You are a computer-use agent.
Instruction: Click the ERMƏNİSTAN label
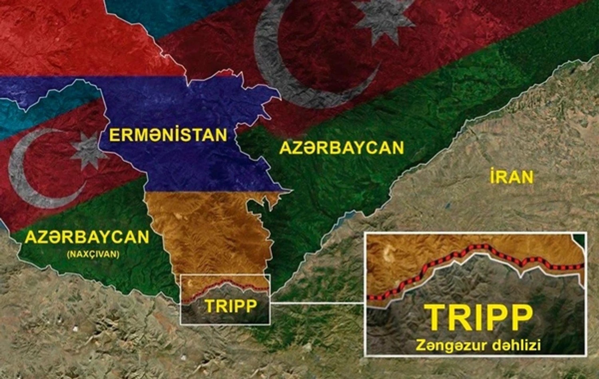pos(168,135)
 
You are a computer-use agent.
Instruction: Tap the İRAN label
pos(512,177)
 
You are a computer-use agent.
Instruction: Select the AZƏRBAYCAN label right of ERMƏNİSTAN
pos(341,148)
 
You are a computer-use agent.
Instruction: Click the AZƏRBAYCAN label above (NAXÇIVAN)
pos(87,237)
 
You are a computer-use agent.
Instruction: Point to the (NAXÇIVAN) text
pos(93,254)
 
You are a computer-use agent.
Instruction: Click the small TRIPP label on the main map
pos(231,306)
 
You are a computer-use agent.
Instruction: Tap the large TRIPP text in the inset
pos(478,318)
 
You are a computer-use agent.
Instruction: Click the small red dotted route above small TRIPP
pos(224,285)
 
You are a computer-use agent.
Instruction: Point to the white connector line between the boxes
pos(317,303)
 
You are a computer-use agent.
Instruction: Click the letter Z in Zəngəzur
pos(421,345)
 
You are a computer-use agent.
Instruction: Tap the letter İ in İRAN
pos(494,176)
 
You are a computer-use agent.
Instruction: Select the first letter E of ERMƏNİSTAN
pos(115,136)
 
